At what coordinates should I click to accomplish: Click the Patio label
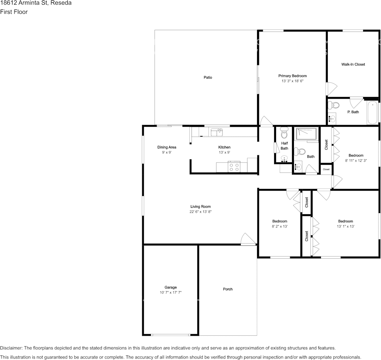[x=208, y=78]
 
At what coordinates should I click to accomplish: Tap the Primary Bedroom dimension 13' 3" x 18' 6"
[x=292, y=81]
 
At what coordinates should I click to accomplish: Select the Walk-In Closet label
[x=353, y=65]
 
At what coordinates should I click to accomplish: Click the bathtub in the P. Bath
[x=373, y=112]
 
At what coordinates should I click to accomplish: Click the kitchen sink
[x=217, y=132]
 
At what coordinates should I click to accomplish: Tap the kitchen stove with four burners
[x=234, y=166]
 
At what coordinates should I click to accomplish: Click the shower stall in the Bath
[x=306, y=134]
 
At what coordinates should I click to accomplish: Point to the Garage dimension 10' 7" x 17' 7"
[x=170, y=293]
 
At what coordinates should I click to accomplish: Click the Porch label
[x=228, y=289]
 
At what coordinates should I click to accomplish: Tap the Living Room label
[x=201, y=207]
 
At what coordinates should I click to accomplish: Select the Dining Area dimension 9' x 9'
[x=167, y=152]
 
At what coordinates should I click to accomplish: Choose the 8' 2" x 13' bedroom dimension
[x=279, y=226]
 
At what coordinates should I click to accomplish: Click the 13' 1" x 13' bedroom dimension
[x=346, y=226]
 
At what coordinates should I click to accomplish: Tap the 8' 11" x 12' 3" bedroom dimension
[x=356, y=161]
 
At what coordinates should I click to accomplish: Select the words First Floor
[x=14, y=12]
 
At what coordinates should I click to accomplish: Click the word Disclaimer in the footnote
[x=11, y=348]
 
